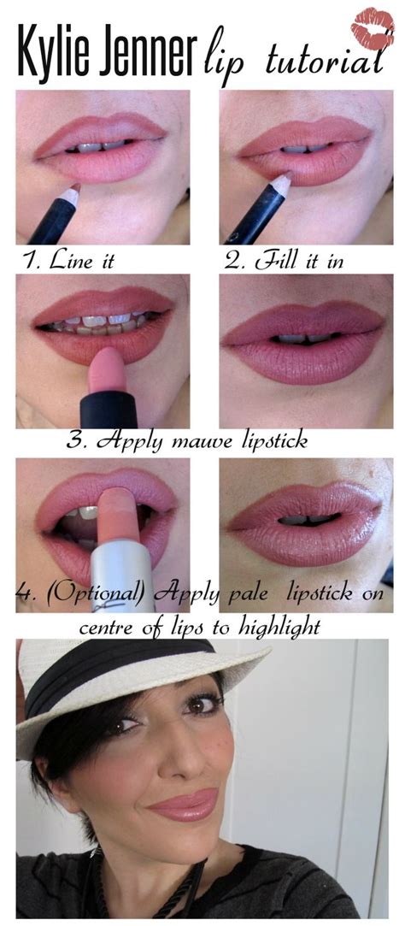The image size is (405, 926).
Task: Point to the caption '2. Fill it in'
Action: click(x=285, y=262)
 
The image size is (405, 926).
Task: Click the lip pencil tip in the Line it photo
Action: click(x=73, y=187)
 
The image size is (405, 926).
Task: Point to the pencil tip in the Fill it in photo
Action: click(x=282, y=180)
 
